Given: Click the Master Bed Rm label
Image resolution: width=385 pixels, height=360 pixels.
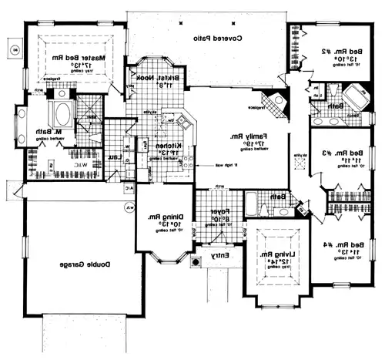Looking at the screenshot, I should pyautogui.click(x=77, y=58).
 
